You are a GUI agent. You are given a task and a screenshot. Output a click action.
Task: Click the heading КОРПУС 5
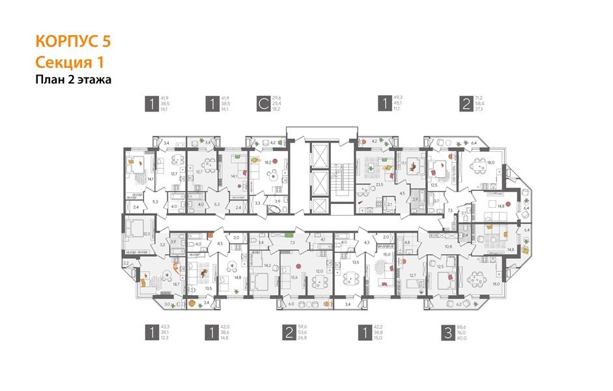pyautogui.click(x=73, y=41)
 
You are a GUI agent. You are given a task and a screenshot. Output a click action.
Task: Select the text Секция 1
pyautogui.click(x=68, y=62)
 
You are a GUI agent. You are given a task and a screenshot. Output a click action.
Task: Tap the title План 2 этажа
pyautogui.click(x=73, y=80)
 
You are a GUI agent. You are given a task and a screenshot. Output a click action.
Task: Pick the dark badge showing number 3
pyautogui.click(x=448, y=334)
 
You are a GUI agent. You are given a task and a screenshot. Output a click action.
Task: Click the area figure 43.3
pyautogui.click(x=165, y=327)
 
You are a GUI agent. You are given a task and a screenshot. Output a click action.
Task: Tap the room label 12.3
pyautogui.click(x=147, y=233)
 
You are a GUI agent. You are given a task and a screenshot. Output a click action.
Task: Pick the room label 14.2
pyautogui.click(x=266, y=265)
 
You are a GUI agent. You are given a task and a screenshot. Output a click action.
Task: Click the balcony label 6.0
pyautogui.click(x=291, y=304)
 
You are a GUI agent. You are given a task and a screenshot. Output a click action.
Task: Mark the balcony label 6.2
pyautogui.click(x=459, y=304)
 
